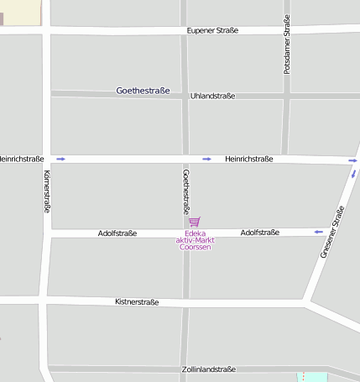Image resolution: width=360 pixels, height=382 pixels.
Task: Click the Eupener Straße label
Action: [211, 31]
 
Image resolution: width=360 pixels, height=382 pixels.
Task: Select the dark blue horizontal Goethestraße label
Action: [143, 90]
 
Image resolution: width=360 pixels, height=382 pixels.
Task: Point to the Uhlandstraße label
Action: [213, 97]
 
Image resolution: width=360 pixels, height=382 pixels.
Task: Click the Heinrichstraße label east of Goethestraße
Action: [248, 159]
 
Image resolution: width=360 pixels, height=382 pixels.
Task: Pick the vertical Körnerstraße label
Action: [46, 192]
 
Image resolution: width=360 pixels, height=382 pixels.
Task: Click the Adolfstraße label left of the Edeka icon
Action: [117, 233]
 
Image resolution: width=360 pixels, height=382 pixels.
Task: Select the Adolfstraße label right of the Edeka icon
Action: [260, 232]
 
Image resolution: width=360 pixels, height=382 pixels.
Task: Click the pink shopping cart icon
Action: [195, 222]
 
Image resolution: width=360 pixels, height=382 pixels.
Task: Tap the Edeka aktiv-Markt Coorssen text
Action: [195, 241]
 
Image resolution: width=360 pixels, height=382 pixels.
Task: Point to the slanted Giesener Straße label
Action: [332, 232]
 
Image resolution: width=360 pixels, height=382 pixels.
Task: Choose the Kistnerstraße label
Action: [137, 301]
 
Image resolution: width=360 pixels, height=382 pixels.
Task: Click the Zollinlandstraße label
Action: [208, 369]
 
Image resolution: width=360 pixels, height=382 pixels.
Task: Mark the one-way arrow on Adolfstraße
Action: [318, 232]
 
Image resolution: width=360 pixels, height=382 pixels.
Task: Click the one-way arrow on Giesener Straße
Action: [353, 174]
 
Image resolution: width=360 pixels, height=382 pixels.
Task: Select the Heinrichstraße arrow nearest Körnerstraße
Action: [61, 159]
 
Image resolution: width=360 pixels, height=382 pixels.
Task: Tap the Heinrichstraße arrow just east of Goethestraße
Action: [206, 159]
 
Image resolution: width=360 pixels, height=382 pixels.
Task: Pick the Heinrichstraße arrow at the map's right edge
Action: [353, 160]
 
